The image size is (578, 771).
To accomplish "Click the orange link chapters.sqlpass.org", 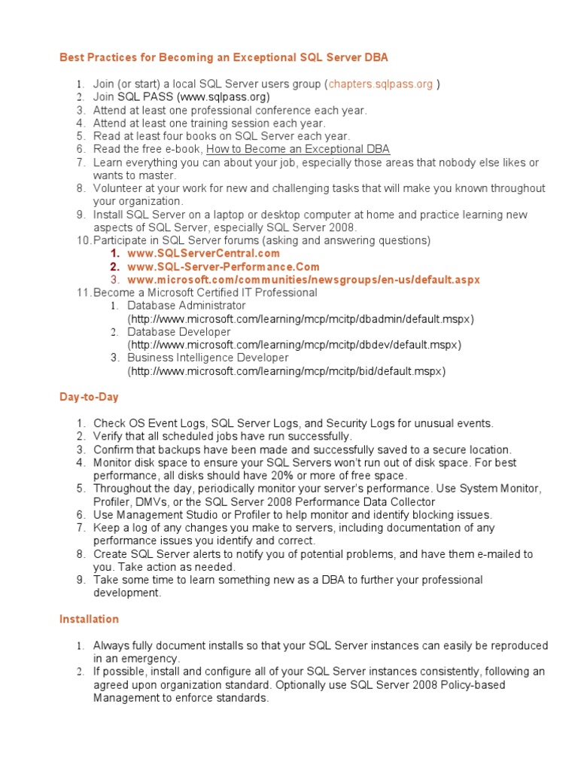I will tap(380, 84).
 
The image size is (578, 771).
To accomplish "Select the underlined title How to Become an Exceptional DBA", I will tap(309, 149).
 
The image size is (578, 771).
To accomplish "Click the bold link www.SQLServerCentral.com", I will tap(203, 254).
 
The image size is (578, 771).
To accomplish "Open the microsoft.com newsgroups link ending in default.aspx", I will tap(303, 279).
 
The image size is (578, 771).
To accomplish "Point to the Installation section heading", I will tap(89, 619).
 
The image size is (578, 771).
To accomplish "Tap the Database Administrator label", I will tap(186, 306).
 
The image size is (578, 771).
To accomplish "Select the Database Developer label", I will tap(178, 332).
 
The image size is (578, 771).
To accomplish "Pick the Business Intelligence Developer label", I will tap(207, 358).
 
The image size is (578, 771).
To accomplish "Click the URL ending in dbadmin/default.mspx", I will tap(301, 318).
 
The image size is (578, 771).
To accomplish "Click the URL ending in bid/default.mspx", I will tap(287, 371).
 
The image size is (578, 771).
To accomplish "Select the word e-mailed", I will tap(494, 554).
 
